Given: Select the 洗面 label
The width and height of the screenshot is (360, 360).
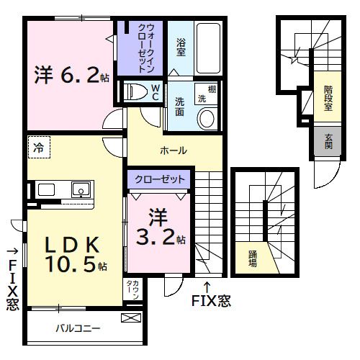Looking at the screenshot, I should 180,107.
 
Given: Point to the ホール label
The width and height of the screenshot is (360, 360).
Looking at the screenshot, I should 174,150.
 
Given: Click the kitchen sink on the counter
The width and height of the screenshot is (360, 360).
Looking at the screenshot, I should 79,190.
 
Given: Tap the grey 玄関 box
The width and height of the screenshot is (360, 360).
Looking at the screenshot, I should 328,141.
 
